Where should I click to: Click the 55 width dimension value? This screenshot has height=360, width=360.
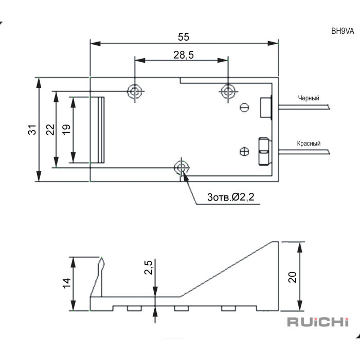pos(184,37)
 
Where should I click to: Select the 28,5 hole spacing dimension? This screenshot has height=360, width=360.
pos(184,55)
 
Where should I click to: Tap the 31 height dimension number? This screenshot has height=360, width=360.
pos(32,130)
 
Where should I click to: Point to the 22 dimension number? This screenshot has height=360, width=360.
pos(50,130)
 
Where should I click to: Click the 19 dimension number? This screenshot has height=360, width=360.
pos(66,130)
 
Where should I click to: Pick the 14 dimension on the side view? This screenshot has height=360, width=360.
pos(66,283)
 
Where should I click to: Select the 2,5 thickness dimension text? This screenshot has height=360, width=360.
pos(149,267)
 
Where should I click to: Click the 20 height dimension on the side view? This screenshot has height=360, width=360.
pos(292,277)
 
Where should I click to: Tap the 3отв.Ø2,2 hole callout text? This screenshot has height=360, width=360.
pos(231,197)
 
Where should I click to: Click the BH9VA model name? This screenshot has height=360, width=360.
pos(343,31)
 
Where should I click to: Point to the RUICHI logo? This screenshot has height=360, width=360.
pos(318,322)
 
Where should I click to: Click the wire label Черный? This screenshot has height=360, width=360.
pos(309,98)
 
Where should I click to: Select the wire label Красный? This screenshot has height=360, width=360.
pos(309,143)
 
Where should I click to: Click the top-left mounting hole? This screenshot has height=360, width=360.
pos(135,92)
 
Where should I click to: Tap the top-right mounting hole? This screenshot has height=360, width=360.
pos(228,92)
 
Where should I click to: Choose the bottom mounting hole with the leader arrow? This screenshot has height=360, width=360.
pos(182,168)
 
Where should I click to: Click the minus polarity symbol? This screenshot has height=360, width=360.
pos(245,107)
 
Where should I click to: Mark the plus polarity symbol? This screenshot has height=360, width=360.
pos(244,151)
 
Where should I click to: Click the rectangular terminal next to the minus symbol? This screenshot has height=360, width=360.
pos(266,107)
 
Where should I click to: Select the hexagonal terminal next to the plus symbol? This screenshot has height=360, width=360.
pos(264,151)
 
